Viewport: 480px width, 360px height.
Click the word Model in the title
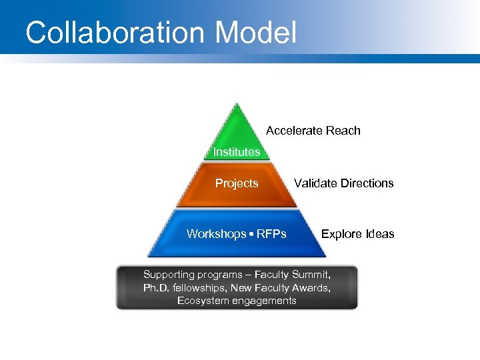coord(258,33)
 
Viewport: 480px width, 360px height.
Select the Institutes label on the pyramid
coord(237,152)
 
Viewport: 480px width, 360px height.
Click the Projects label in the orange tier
coord(237,183)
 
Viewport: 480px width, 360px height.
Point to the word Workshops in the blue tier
coord(215,234)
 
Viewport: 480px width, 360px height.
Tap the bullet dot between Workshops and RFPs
coord(249,234)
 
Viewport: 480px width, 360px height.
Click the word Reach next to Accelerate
coord(343,131)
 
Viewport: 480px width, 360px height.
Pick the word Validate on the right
coord(315,183)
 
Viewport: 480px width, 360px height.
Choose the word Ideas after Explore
coord(380,234)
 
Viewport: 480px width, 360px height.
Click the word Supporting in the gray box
coord(169,275)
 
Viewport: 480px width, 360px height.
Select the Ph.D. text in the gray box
coord(157,288)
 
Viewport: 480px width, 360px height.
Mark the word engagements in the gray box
coord(263,301)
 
